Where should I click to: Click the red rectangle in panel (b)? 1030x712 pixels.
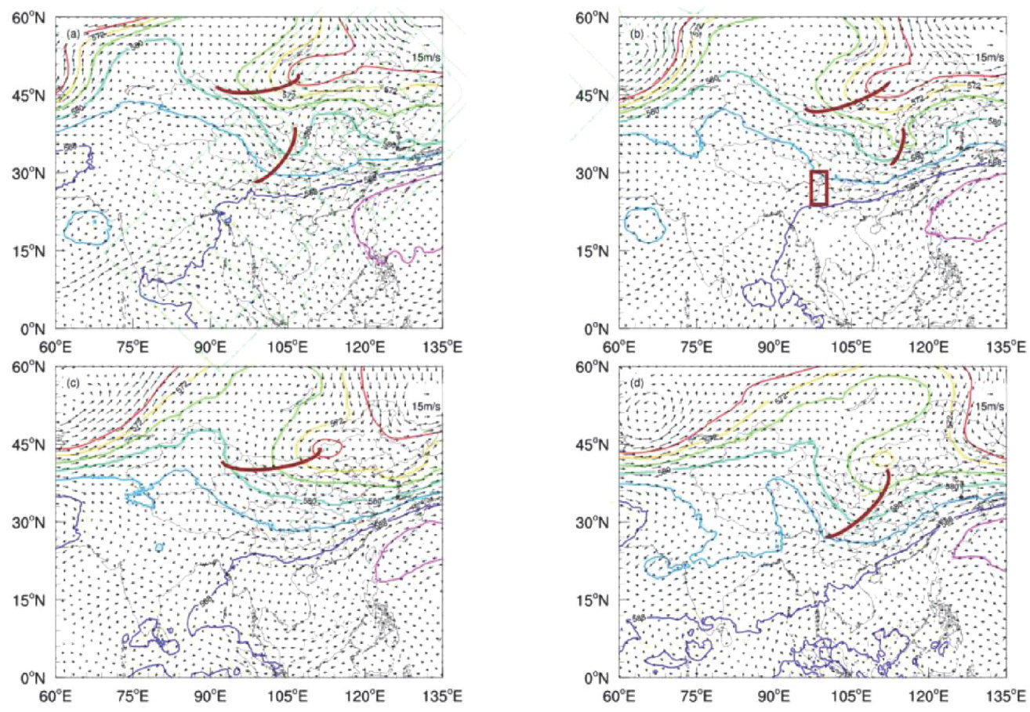[819, 188]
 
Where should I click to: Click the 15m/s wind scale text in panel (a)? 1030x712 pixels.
[424, 57]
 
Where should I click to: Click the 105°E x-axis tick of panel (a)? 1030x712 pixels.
[288, 342]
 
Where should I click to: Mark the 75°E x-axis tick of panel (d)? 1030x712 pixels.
[697, 691]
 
